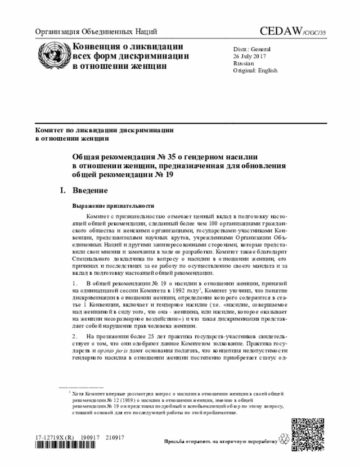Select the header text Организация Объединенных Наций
(x=96, y=32)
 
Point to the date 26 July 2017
(x=251, y=57)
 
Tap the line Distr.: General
(x=252, y=50)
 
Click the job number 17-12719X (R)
(x=55, y=437)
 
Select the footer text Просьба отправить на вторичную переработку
(x=220, y=442)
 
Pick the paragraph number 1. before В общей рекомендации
(x=75, y=281)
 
